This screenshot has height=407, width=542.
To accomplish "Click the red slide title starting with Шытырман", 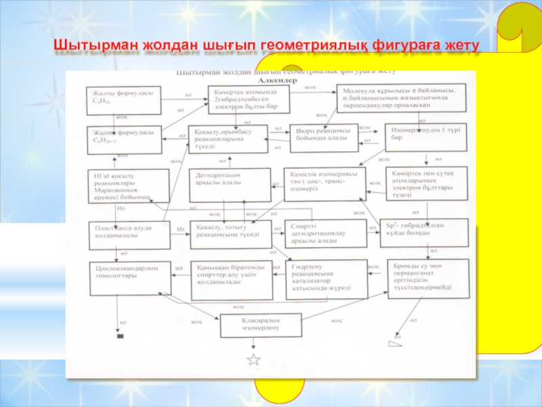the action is tap(266, 45).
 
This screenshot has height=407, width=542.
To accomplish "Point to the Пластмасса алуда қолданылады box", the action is tap(129, 233).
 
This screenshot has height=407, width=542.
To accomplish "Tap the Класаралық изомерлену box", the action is tap(260, 324).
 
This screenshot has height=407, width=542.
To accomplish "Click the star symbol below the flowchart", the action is tap(253, 360).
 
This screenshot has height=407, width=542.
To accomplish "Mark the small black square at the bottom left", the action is tap(121, 336).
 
